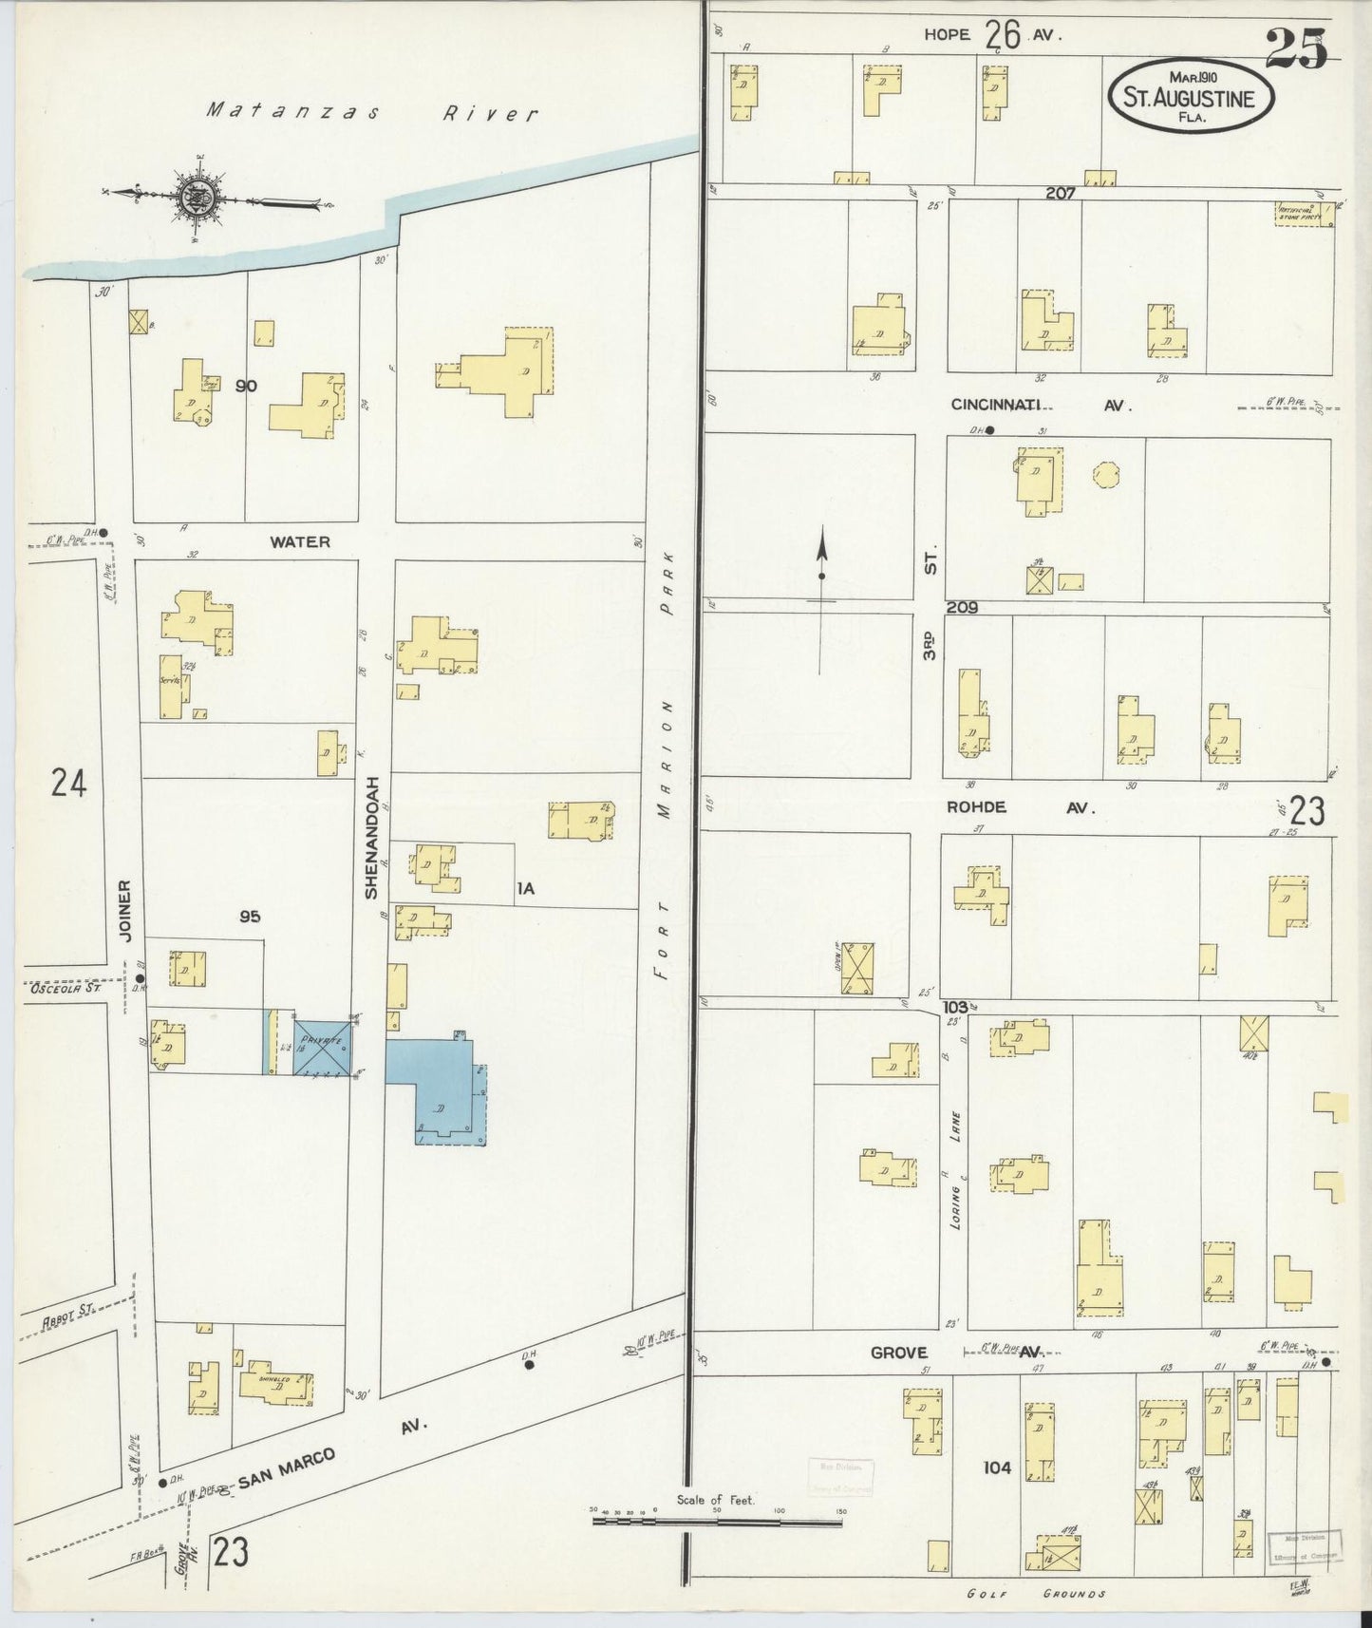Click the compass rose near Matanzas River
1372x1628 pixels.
click(197, 198)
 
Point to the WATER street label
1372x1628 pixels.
click(299, 542)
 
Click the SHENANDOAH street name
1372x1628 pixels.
click(371, 844)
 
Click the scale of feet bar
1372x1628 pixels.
click(717, 1521)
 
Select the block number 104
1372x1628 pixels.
click(997, 1467)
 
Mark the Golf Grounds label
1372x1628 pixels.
click(1035, 1594)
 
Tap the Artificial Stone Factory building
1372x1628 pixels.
click(1303, 214)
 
